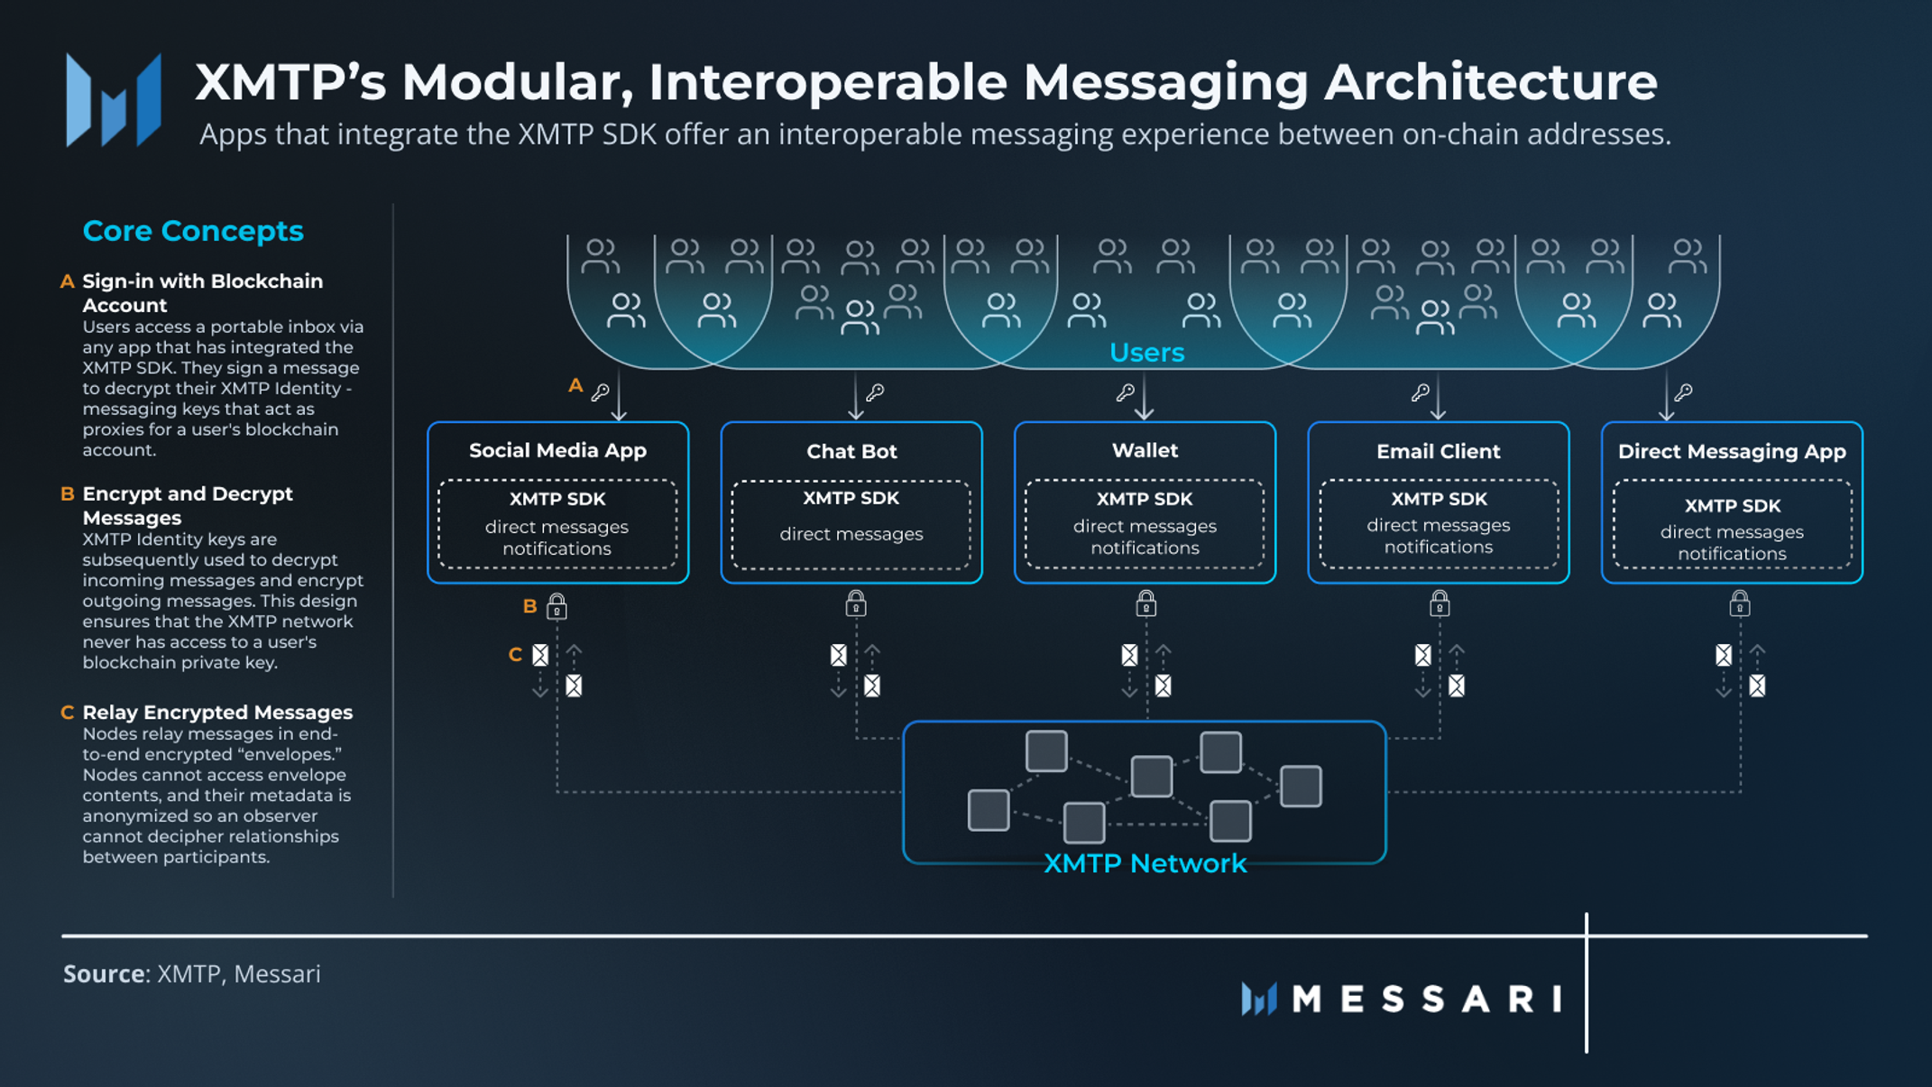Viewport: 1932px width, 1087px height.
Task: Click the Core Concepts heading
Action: (193, 231)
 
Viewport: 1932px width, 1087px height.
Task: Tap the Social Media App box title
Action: (557, 450)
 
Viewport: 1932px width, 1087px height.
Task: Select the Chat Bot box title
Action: (851, 451)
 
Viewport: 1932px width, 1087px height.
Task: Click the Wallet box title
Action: (1145, 450)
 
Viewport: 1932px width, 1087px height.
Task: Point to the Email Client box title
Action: (1438, 451)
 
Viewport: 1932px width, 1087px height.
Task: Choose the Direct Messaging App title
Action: (1732, 451)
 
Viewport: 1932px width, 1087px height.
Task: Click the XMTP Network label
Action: (1145, 863)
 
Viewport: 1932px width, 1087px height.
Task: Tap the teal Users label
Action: (1146, 353)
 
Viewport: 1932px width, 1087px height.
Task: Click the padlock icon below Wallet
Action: (1145, 603)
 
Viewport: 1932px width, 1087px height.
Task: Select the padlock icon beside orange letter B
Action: (557, 605)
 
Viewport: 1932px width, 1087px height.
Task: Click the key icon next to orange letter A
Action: (600, 392)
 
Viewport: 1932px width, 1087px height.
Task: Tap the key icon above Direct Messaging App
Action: (1683, 392)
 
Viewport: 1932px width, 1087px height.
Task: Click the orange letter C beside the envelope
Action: (515, 654)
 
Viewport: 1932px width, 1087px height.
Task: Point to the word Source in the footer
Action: (104, 974)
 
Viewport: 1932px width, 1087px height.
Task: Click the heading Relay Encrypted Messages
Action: (217, 713)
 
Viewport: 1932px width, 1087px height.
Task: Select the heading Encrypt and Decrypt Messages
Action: (187, 505)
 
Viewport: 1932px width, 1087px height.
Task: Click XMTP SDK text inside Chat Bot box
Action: (851, 498)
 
